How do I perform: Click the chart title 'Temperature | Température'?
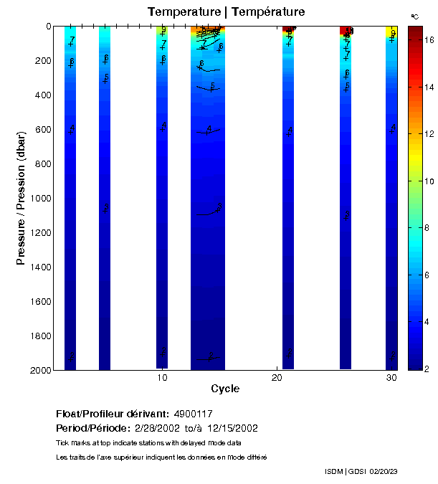click(226, 12)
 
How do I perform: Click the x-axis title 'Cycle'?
click(225, 389)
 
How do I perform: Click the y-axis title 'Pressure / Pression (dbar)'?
click(21, 198)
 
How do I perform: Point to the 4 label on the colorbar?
click(428, 322)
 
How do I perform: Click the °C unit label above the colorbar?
click(414, 16)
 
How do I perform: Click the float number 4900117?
click(194, 414)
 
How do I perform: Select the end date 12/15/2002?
click(233, 428)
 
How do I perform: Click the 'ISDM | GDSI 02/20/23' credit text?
click(361, 471)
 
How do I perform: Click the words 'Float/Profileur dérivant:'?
click(113, 414)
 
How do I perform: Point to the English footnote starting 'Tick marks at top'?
click(148, 442)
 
